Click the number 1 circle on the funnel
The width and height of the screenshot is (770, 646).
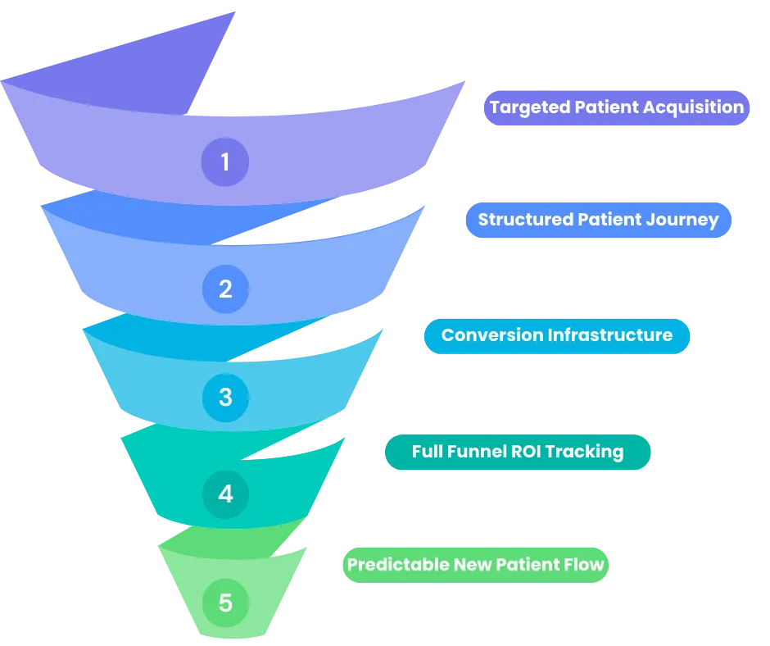pos(225,161)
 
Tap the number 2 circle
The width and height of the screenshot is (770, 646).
pos(225,289)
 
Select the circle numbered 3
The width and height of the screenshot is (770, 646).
pos(225,398)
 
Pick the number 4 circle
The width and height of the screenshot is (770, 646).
pos(225,494)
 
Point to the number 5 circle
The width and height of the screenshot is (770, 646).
pos(225,603)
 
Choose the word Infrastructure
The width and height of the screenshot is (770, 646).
pos(610,334)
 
